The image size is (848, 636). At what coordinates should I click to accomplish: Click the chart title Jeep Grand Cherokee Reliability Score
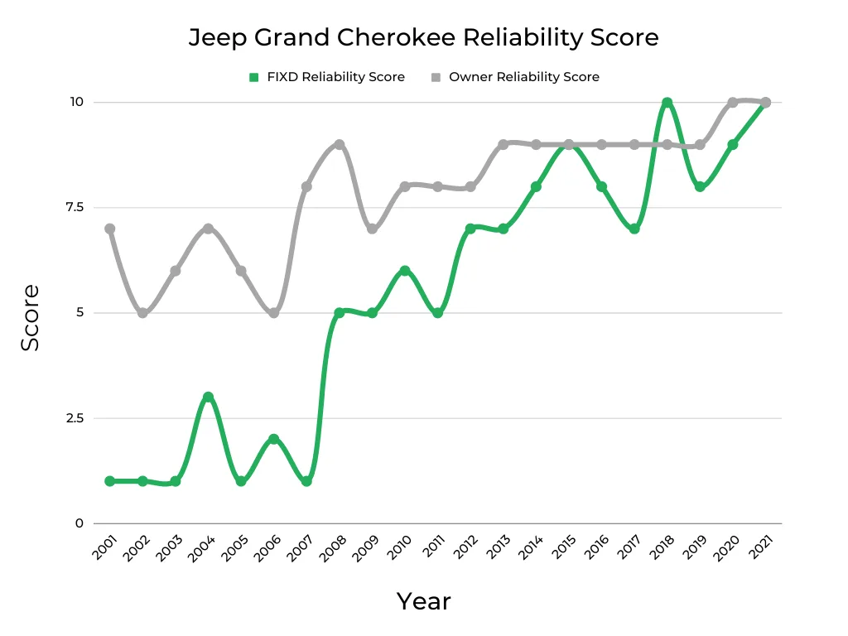coord(423,37)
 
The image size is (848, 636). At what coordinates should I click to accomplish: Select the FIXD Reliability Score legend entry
coord(326,77)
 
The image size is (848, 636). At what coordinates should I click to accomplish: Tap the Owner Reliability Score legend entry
coord(514,77)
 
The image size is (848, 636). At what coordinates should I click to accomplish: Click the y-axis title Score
coord(31,318)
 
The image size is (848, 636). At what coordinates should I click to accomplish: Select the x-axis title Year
coord(423,601)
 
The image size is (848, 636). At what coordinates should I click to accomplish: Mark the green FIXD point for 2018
coord(667,103)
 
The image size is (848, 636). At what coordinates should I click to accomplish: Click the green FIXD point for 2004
coord(208,397)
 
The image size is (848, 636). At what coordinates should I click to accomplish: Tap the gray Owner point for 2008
coord(339,145)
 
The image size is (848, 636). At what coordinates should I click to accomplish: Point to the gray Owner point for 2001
coord(109,229)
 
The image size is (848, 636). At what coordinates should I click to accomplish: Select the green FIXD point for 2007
coord(306,481)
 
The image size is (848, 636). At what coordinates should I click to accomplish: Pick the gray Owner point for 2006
coord(273,313)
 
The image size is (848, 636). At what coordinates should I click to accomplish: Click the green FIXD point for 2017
coord(634,229)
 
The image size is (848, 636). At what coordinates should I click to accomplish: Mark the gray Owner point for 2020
coord(732,103)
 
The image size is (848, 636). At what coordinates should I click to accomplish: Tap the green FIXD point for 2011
coord(437,313)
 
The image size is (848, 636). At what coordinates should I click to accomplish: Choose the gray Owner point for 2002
coord(142,313)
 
